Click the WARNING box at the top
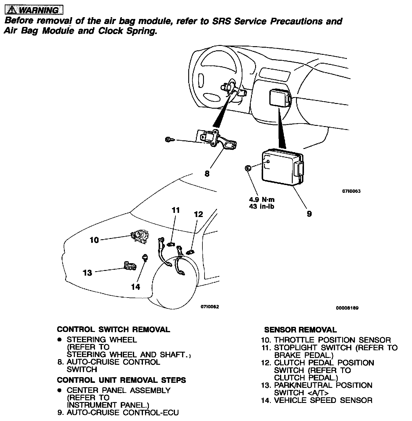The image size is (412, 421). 34,10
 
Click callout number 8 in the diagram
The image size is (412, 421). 207,174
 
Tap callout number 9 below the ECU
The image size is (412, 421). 309,214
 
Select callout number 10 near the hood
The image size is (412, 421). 94,240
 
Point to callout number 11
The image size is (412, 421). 176,210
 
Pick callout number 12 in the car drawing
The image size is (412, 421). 198,214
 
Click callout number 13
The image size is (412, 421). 88,273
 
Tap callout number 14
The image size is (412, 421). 136,287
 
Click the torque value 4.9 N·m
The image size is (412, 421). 262,200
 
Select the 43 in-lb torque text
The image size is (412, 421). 262,207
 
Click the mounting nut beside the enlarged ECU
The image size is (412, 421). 248,168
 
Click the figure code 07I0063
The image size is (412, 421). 351,191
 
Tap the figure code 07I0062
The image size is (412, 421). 210,307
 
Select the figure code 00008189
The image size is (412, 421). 347,308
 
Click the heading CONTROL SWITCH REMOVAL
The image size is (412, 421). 113,330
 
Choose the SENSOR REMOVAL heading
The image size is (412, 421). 300,330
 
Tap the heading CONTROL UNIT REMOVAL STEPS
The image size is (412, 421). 121,380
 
